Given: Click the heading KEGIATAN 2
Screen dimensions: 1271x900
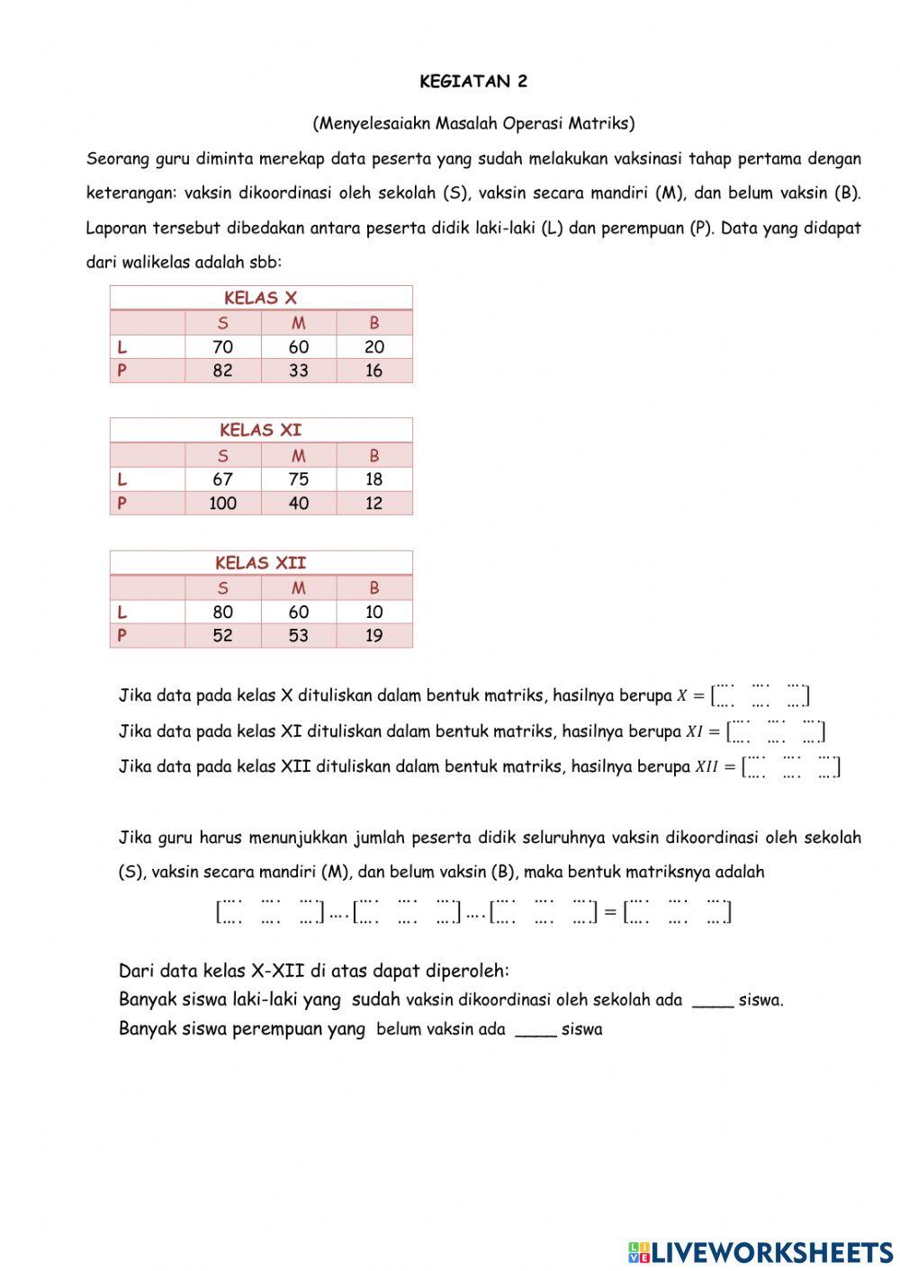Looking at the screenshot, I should tap(473, 82).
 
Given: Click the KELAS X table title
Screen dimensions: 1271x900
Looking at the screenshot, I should tap(260, 298).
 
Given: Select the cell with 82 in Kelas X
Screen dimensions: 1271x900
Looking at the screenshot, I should tap(222, 371).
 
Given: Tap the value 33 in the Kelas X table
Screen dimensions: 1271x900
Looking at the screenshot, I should tap(298, 371).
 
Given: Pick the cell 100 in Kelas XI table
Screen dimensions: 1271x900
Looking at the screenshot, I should tap(222, 504).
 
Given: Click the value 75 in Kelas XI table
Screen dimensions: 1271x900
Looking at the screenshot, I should tap(298, 479).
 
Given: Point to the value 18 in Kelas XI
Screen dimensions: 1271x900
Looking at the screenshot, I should tap(373, 479).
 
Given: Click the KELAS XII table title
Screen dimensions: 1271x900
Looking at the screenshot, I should tap(260, 563).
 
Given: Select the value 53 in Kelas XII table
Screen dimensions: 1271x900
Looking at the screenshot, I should tap(298, 636).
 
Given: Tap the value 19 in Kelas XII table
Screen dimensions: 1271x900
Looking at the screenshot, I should tap(373, 636).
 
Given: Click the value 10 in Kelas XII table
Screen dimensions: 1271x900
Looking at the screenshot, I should tap(373, 612).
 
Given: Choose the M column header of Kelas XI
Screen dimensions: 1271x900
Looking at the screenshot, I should tap(298, 456).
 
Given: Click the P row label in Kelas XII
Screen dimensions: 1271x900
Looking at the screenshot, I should tap(121, 636).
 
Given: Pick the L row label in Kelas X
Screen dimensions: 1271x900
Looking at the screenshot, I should tap(121, 347).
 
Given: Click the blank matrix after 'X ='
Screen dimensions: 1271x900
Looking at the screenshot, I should tap(760, 694).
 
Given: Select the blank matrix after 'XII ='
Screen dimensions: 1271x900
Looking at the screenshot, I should tap(790, 766).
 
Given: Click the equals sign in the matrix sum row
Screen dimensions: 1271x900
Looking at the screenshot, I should tap(609, 912).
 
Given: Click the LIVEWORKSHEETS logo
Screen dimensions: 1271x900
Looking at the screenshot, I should tap(760, 1251).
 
